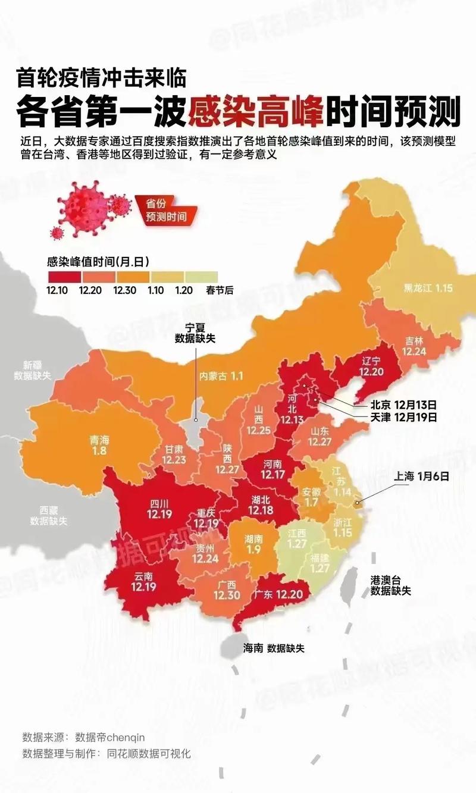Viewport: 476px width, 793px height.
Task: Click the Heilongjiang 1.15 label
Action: (x=428, y=288)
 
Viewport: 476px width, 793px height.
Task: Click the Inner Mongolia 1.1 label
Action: (x=221, y=376)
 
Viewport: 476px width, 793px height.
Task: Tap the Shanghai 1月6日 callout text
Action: (x=419, y=476)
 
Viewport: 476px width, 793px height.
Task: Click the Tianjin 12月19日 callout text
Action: (x=403, y=417)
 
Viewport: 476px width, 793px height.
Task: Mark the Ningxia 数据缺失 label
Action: (x=195, y=333)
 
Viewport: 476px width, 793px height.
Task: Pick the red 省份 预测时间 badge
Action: (x=166, y=209)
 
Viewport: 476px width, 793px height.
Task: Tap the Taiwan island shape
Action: (x=350, y=585)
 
